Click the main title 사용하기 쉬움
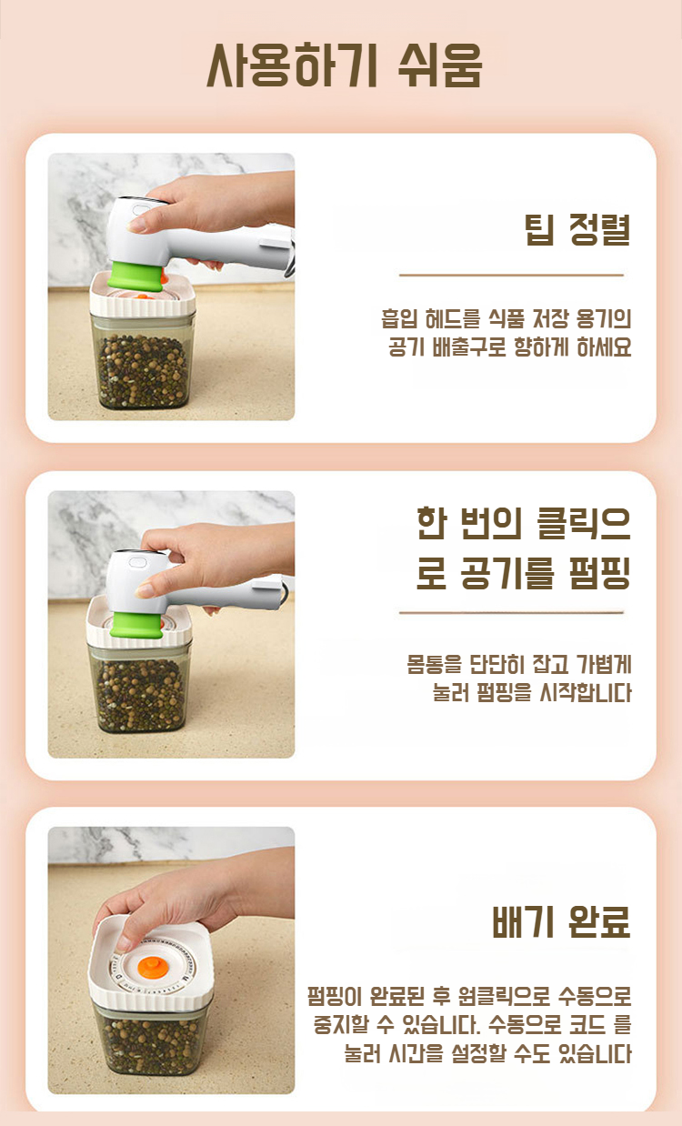click(x=345, y=65)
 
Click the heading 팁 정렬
click(x=577, y=230)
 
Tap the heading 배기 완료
click(x=561, y=921)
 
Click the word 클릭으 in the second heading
click(x=583, y=524)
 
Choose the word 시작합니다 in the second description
click(x=585, y=693)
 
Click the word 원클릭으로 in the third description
click(x=504, y=996)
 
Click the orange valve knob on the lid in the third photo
click(x=152, y=968)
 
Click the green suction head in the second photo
click(x=137, y=625)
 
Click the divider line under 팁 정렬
click(x=511, y=276)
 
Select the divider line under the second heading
click(x=511, y=613)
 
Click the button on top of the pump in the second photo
click(x=137, y=562)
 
